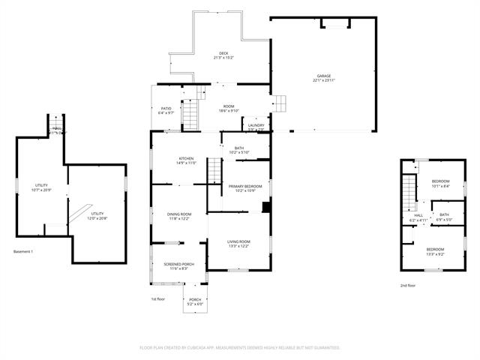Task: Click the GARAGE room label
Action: (x=323, y=76)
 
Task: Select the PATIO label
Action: (x=166, y=109)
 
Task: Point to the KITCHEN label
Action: (x=186, y=158)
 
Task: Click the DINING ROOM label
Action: (x=178, y=214)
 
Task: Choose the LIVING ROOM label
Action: (x=238, y=241)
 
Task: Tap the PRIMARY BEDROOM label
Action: (x=245, y=186)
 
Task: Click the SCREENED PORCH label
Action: (x=178, y=264)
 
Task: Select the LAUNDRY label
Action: (x=256, y=125)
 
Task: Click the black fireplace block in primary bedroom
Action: (x=265, y=206)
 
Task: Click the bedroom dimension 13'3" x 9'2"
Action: (x=435, y=254)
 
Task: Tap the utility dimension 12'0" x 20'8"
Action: (x=97, y=218)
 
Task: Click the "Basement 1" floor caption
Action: (x=23, y=251)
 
